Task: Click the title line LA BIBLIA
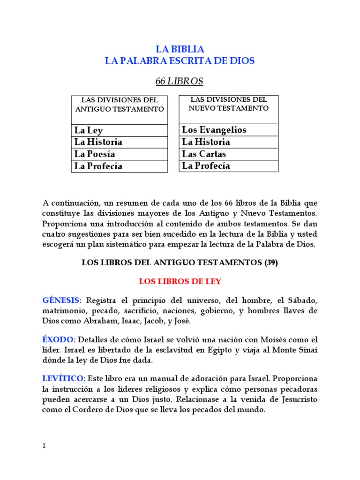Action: (x=180, y=49)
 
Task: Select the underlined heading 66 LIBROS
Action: (x=180, y=82)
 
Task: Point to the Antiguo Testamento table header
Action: (x=120, y=105)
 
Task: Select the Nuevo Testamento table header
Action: (x=229, y=104)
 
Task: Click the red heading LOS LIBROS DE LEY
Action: (x=180, y=282)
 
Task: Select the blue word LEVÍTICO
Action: (x=63, y=378)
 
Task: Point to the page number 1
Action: (x=44, y=445)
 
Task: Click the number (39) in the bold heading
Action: (x=270, y=263)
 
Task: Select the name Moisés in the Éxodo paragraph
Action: (x=270, y=339)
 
